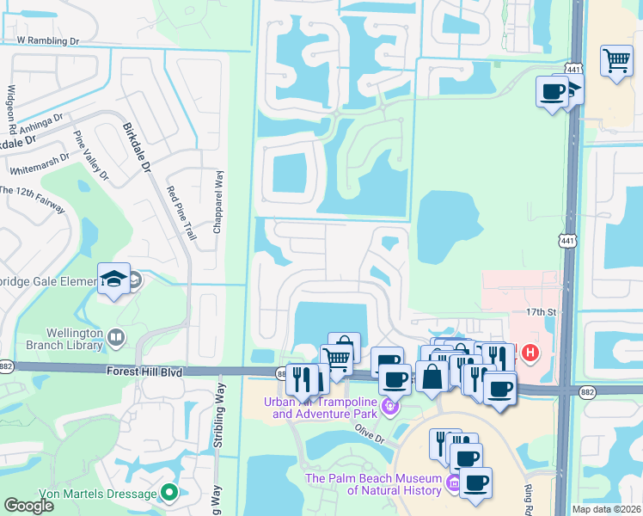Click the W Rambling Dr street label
click(47, 40)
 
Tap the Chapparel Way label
click(218, 201)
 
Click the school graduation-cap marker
click(113, 279)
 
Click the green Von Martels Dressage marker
click(169, 493)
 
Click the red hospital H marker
click(530, 352)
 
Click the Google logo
click(28, 507)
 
